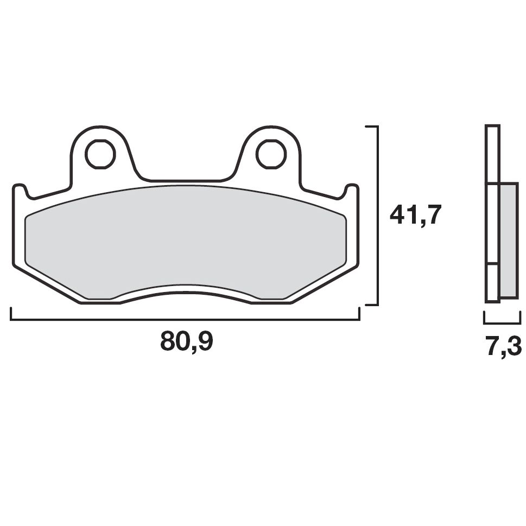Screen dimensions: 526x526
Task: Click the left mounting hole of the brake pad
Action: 100,154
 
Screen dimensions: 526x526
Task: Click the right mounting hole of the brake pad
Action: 271,154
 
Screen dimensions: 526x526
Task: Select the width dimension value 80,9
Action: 187,341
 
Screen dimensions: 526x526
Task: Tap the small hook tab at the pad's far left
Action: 20,192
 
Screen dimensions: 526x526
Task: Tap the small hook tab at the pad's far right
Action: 352,192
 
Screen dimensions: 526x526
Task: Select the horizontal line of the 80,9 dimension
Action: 185,319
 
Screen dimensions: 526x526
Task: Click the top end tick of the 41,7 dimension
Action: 371,126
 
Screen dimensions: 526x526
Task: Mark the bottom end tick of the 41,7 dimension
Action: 371,305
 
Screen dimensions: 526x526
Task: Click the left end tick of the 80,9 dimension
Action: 11,314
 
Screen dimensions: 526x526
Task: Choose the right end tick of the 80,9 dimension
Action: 359,314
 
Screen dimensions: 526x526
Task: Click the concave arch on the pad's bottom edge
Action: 185,292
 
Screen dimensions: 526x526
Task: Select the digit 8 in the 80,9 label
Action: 168,341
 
